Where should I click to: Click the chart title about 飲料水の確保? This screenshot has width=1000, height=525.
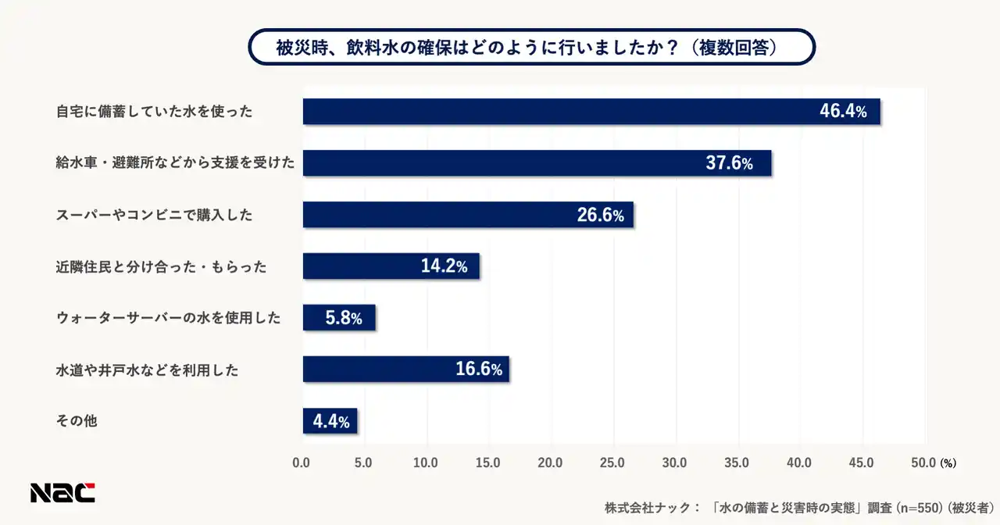tap(531, 47)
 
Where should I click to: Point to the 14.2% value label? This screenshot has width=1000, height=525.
tap(444, 266)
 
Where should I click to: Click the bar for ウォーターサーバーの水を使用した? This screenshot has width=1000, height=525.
tap(338, 318)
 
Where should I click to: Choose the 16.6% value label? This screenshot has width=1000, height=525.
tap(478, 370)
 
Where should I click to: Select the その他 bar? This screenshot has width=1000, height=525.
tap(330, 421)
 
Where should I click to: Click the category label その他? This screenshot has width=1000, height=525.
tap(77, 421)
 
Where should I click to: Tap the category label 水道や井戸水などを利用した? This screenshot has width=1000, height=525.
tap(147, 370)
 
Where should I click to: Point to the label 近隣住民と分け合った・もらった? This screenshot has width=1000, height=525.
tap(161, 266)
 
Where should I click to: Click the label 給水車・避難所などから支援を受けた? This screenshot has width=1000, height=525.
tap(175, 163)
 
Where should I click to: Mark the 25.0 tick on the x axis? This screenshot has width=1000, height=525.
tap(612, 462)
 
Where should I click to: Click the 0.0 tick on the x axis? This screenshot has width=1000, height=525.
tap(302, 462)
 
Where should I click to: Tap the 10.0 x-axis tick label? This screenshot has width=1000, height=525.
tap(426, 462)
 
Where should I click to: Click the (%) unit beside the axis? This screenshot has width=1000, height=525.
tap(948, 463)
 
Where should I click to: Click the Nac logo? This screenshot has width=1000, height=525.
tap(62, 492)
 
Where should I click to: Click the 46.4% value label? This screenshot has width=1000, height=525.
tap(843, 112)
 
